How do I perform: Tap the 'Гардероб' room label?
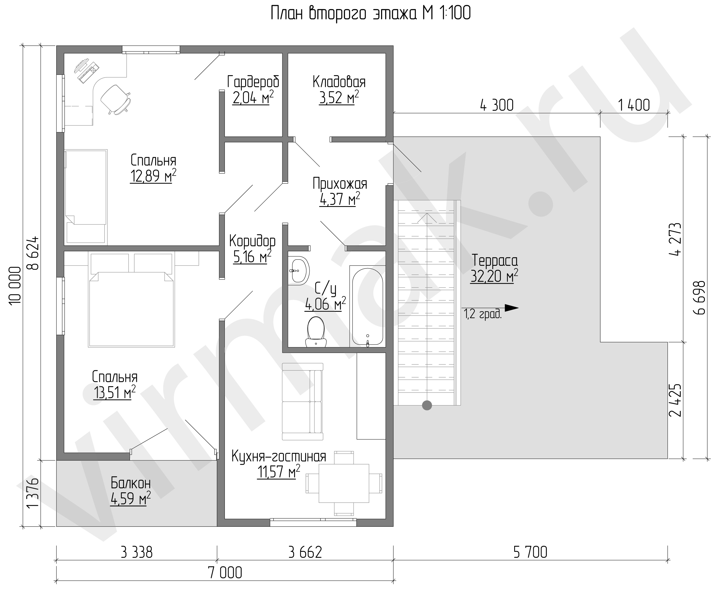[x=253, y=82]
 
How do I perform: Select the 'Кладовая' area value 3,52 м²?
[x=339, y=98]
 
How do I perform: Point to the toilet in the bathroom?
[x=316, y=332]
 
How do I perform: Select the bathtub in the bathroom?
[x=367, y=306]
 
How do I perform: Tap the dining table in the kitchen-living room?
[x=344, y=483]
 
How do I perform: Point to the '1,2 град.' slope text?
[x=483, y=315]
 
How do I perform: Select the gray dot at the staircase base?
[x=427, y=405]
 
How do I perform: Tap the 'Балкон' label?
[x=130, y=483]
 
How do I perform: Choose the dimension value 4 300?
[x=496, y=105]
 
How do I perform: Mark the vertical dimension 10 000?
[x=15, y=285]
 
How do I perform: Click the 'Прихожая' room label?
[x=340, y=184]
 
